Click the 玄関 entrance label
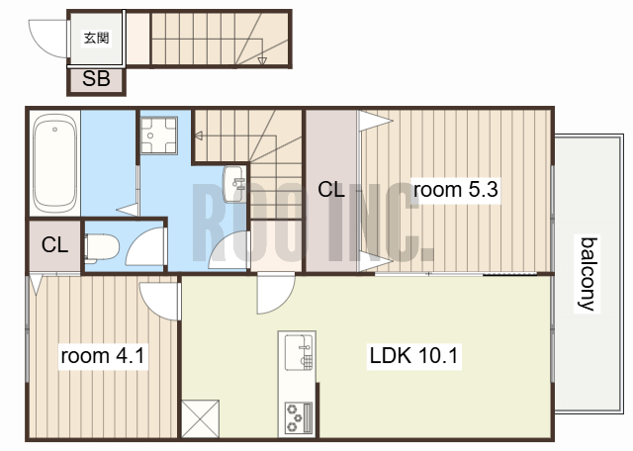point(97,39)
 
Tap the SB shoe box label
point(96,79)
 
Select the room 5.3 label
point(456,189)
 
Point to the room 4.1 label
point(103,356)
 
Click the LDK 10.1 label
point(413,356)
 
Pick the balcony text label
point(588,274)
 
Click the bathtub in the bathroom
point(54,165)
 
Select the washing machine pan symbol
point(158,135)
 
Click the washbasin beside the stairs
point(233,184)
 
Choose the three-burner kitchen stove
point(299,418)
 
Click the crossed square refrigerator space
point(200,418)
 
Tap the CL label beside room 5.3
point(331,189)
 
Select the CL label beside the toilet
point(54,244)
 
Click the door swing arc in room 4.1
point(151,305)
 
